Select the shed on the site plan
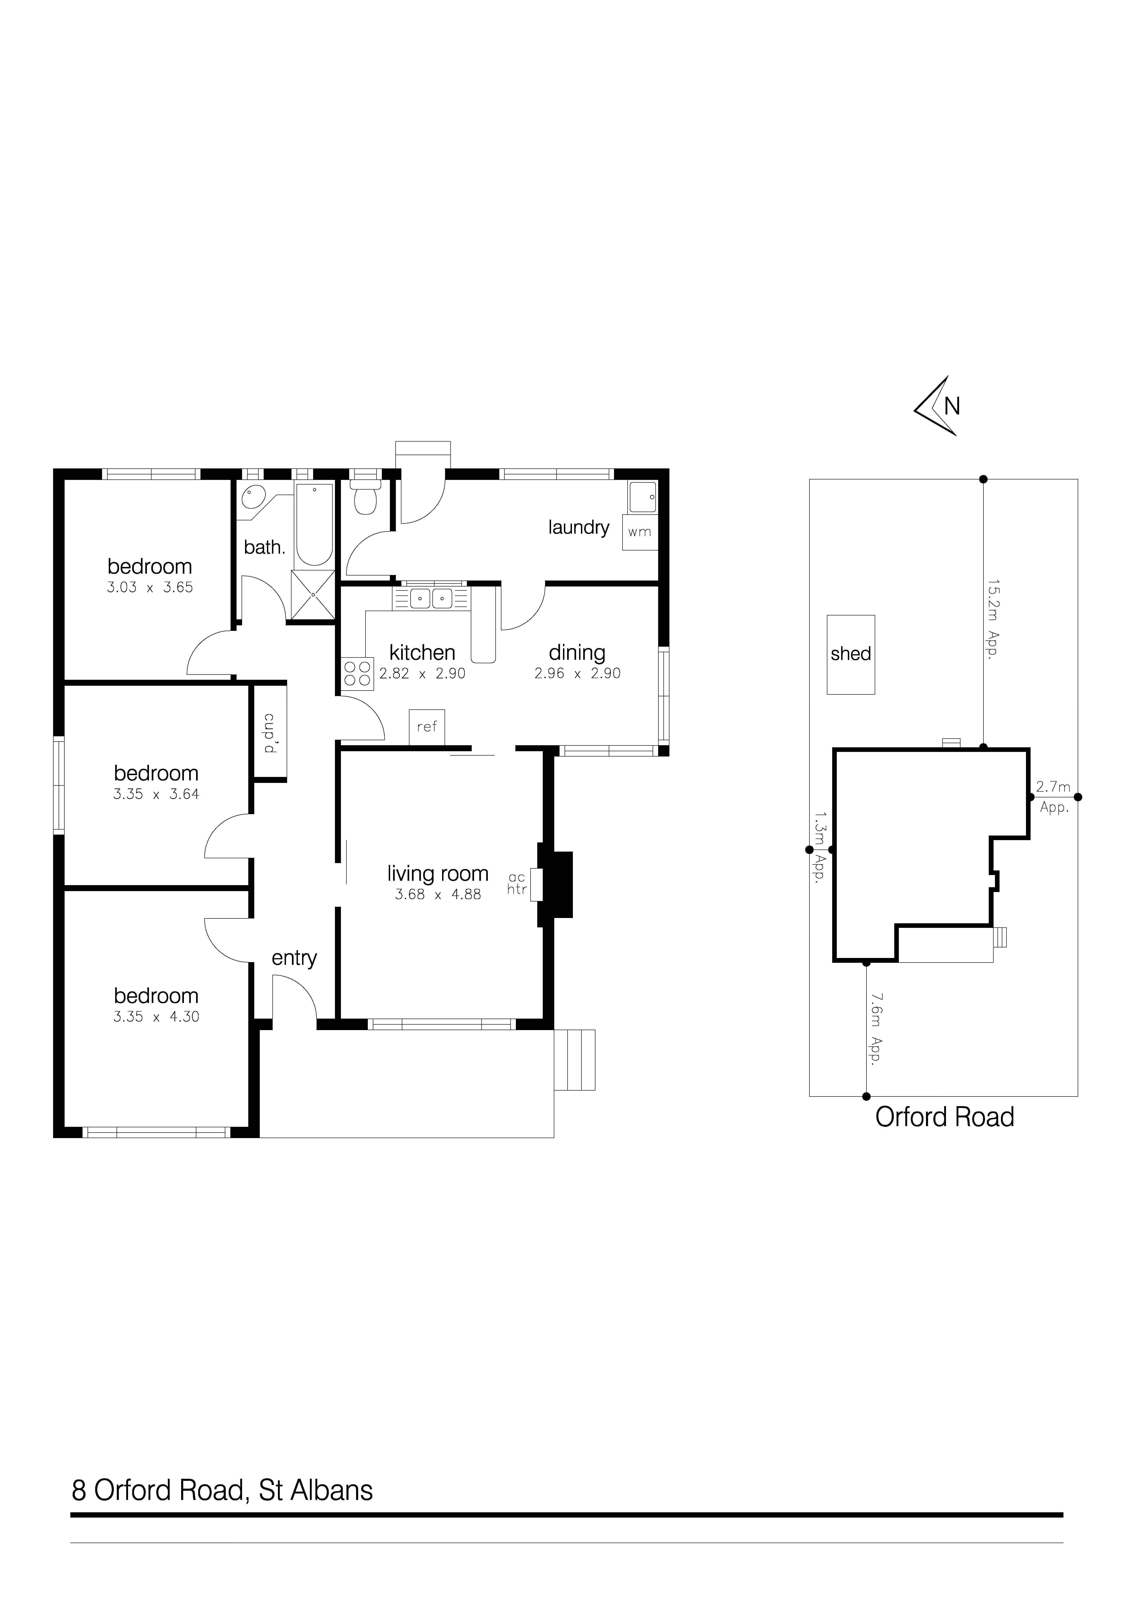[851, 654]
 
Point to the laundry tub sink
[643, 497]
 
